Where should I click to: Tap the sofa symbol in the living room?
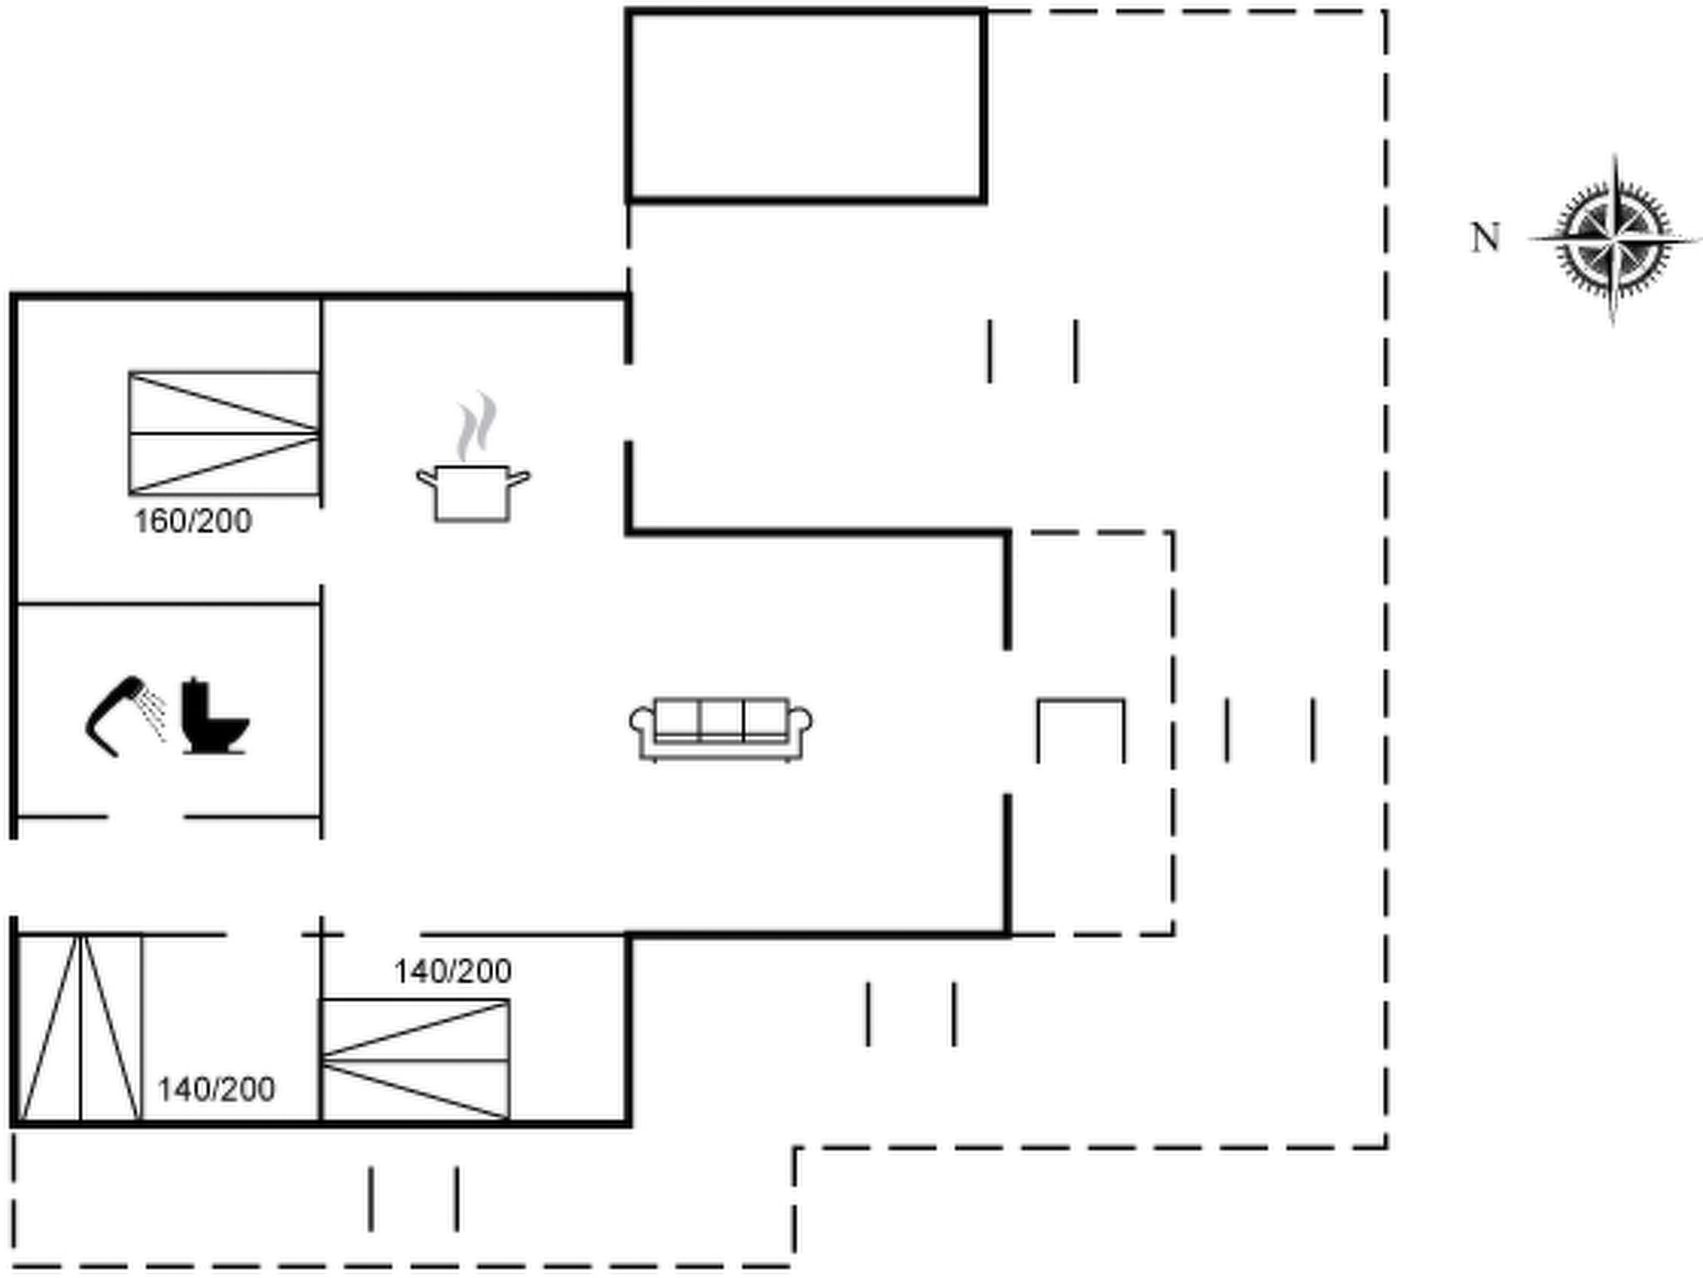tap(721, 729)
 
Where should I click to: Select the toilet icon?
tap(215, 716)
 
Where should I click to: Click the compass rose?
tap(1613, 240)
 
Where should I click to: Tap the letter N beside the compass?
tap(1485, 238)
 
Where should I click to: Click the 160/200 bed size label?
tap(193, 522)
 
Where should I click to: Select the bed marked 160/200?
tap(225, 433)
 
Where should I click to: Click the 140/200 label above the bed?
tap(452, 971)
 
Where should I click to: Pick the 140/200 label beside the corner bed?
tap(216, 1089)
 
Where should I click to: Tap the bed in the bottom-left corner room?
tap(81, 1028)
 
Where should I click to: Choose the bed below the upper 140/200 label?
tap(415, 1060)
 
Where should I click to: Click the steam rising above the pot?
tap(476, 426)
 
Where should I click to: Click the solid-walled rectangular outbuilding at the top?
tap(807, 106)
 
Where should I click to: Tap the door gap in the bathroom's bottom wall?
tap(146, 817)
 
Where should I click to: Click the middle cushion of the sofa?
tap(721, 718)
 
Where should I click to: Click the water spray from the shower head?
tap(153, 714)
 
